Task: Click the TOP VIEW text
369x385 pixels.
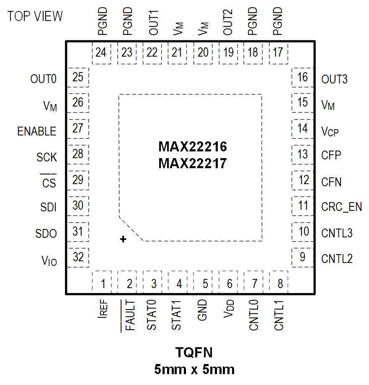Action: click(35, 16)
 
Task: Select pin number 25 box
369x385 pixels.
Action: click(78, 78)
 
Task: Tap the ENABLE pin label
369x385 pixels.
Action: click(37, 131)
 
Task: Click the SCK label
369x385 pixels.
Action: click(46, 157)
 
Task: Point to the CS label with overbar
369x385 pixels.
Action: click(49, 183)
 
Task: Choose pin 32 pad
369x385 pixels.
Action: click(78, 257)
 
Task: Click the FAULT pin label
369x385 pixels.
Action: click(130, 315)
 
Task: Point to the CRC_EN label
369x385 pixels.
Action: click(341, 207)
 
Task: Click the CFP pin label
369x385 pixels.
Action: click(331, 155)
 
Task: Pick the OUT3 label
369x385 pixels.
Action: click(334, 79)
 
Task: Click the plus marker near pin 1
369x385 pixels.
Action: click(123, 239)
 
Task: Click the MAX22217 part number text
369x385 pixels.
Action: click(193, 163)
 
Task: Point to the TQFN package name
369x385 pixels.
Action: click(194, 352)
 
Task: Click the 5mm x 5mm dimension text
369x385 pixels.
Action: click(194, 369)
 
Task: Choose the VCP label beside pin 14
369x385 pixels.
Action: click(330, 132)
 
